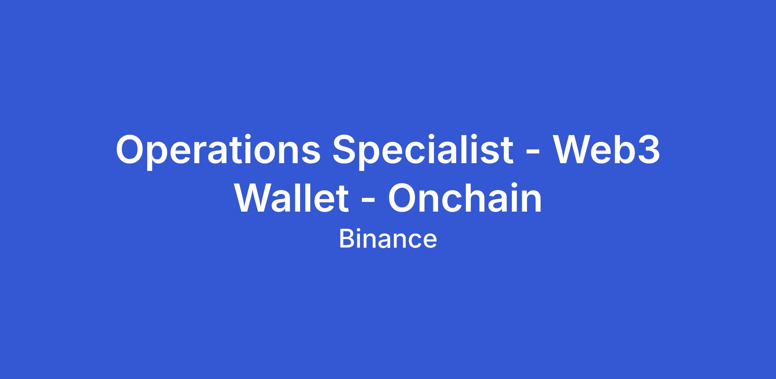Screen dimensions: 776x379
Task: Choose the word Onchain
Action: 465,197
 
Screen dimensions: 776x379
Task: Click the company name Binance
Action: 388,239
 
